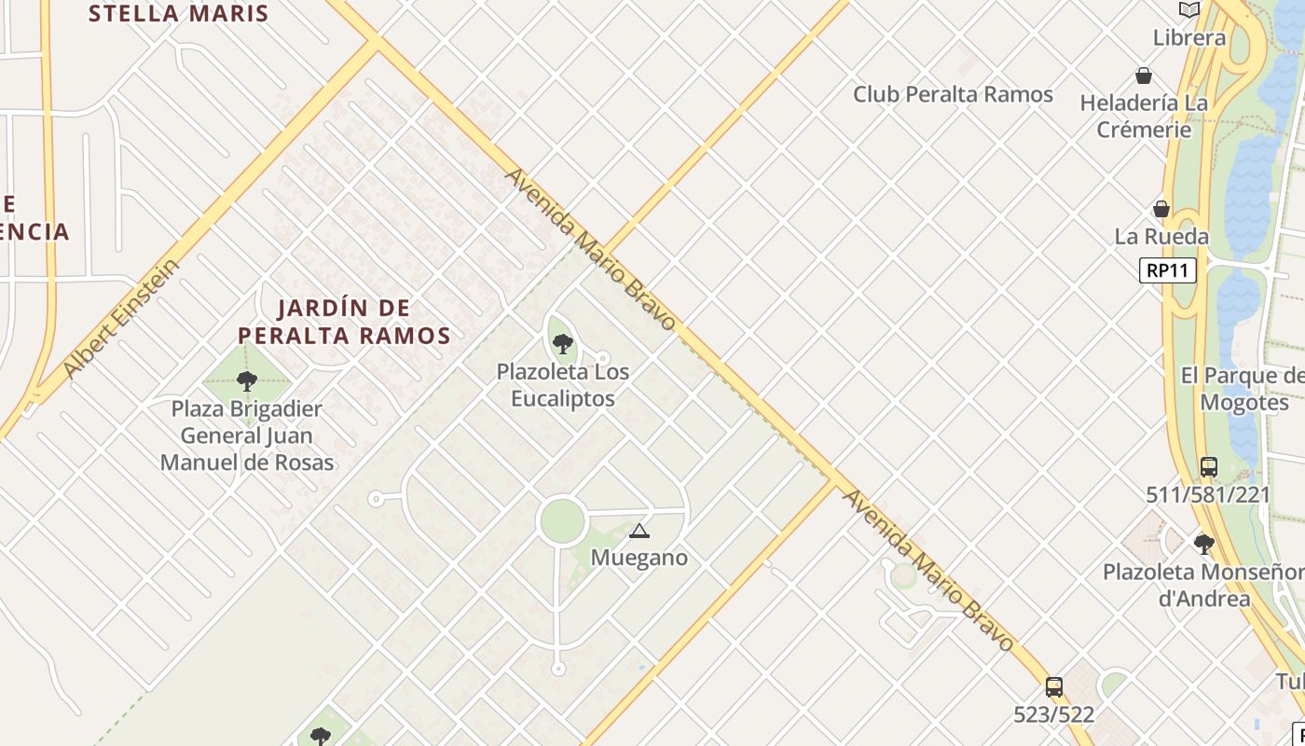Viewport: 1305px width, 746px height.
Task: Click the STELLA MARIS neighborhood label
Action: [x=178, y=14]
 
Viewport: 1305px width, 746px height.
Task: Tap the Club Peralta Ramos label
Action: [x=953, y=94]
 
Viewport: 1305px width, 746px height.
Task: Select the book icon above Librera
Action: [x=1188, y=10]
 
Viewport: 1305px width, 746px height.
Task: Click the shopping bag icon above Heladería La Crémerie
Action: [x=1144, y=76]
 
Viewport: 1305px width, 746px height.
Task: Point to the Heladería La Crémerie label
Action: [x=1144, y=116]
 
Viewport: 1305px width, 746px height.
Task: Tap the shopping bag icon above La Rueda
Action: [x=1161, y=209]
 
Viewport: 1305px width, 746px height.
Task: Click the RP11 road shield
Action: [x=1167, y=270]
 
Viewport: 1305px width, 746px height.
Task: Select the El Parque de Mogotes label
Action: [x=1243, y=389]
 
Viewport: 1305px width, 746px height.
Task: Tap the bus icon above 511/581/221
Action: [x=1209, y=466]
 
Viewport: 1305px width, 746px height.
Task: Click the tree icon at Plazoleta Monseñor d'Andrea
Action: [x=1204, y=544]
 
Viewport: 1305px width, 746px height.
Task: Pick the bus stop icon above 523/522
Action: [x=1054, y=687]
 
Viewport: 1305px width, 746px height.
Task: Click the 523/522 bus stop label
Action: [x=1053, y=715]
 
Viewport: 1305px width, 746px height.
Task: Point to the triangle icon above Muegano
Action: [x=639, y=532]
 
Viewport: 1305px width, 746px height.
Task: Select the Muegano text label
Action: [x=640, y=558]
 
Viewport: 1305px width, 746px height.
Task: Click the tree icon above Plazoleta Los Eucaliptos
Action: [x=562, y=343]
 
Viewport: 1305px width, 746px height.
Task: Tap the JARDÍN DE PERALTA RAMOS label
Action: [x=344, y=322]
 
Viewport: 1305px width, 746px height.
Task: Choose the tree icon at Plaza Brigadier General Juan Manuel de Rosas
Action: [x=247, y=380]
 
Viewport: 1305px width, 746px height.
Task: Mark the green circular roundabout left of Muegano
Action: [x=562, y=520]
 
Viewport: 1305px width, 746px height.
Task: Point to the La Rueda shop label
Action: [x=1161, y=237]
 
